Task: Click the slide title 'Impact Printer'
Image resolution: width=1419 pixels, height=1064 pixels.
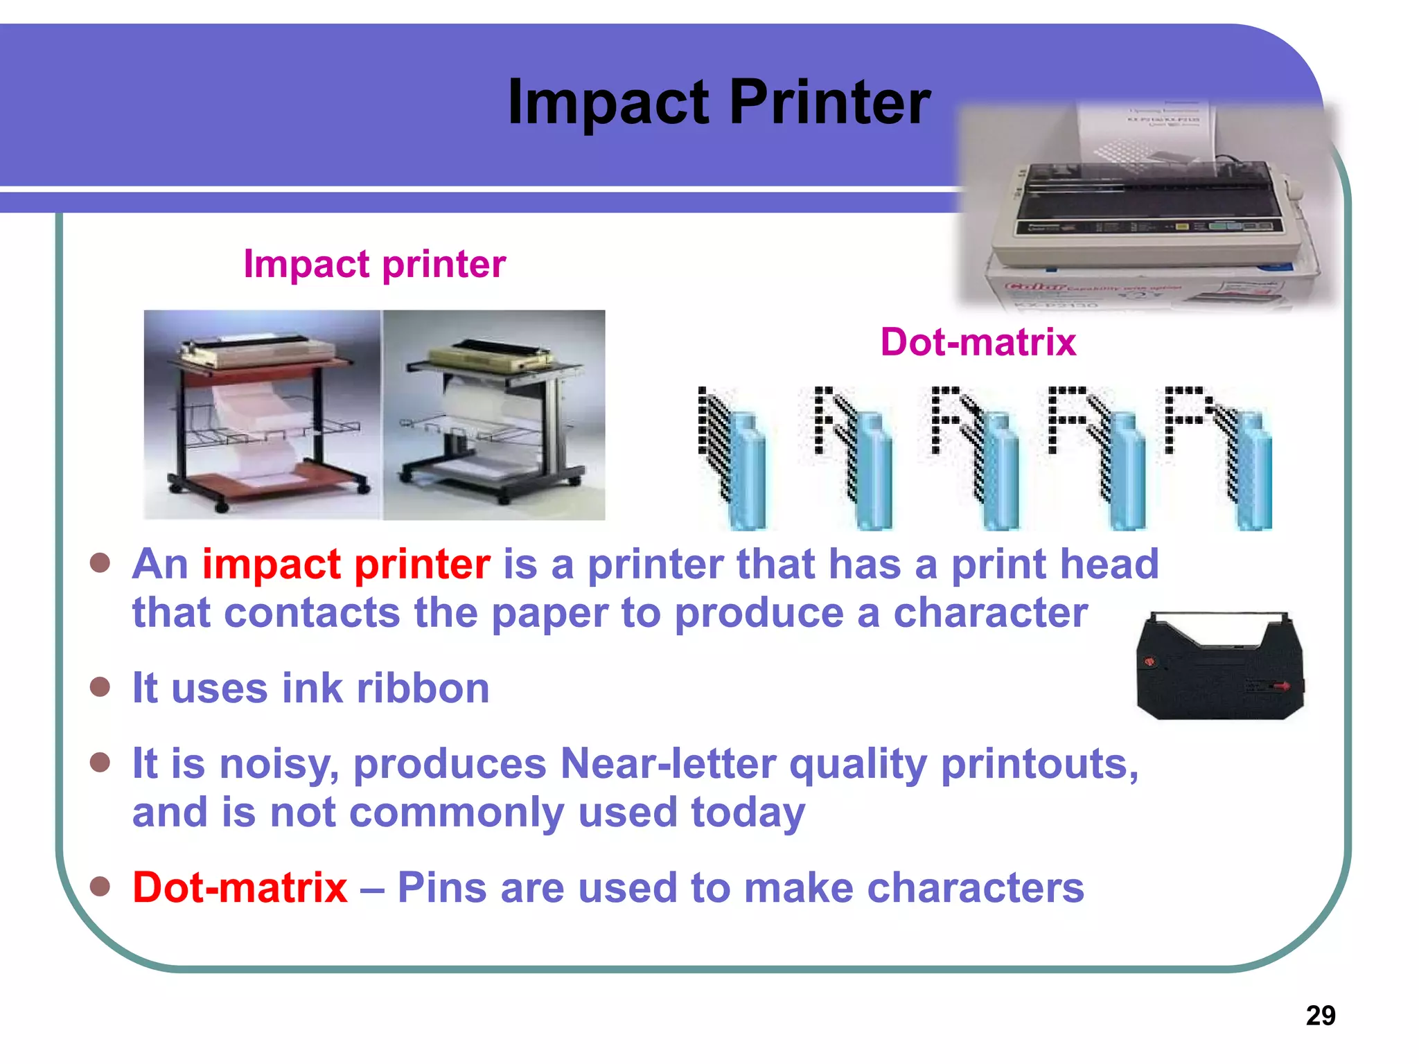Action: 719,103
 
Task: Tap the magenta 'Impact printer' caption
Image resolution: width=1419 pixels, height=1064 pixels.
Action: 374,264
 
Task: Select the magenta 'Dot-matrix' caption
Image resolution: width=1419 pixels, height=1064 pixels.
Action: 978,342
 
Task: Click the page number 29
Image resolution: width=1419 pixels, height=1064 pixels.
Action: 1320,1016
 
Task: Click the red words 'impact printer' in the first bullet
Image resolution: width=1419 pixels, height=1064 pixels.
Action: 346,564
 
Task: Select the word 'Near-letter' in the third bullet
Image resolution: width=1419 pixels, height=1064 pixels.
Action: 668,764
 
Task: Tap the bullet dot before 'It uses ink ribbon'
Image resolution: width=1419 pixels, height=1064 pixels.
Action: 100,687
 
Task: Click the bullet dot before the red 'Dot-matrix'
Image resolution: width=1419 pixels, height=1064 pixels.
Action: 100,886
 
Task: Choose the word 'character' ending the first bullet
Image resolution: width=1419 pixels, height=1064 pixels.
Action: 990,613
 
